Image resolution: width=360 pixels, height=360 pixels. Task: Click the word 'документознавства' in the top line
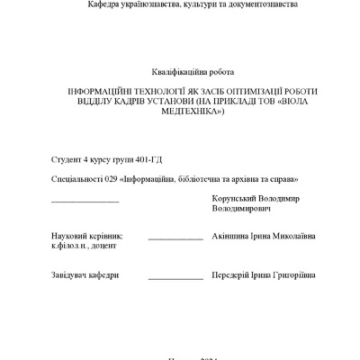[x=261, y=4]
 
